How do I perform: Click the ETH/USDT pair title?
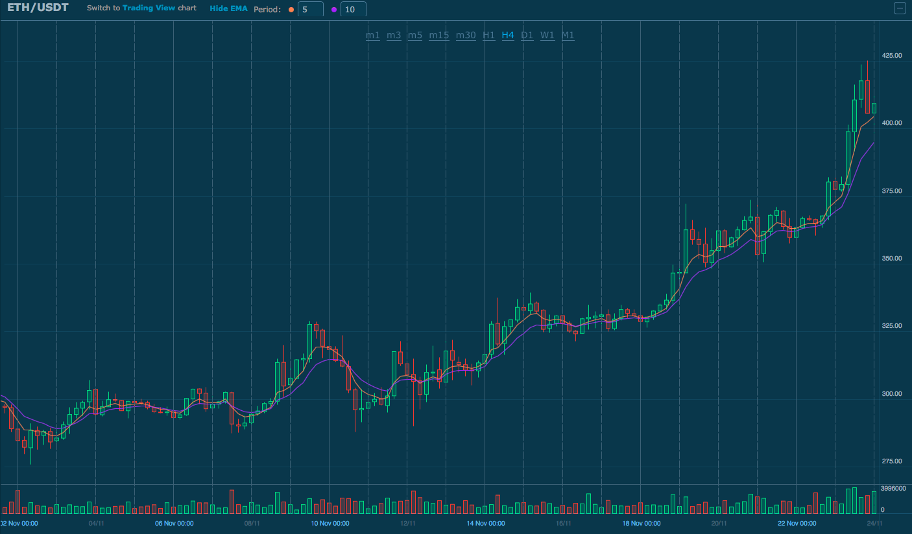pyautogui.click(x=38, y=8)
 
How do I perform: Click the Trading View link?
pyautogui.click(x=149, y=9)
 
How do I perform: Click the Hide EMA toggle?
pyautogui.click(x=228, y=9)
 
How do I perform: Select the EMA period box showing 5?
pyautogui.click(x=310, y=10)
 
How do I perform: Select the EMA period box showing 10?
pyautogui.click(x=353, y=10)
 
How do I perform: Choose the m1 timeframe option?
pyautogui.click(x=373, y=36)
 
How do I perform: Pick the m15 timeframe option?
pyautogui.click(x=438, y=36)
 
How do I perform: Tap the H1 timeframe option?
pyautogui.click(x=488, y=36)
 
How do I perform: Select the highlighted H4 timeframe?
pyautogui.click(x=508, y=36)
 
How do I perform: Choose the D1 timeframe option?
pyautogui.click(x=527, y=36)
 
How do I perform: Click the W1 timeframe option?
pyautogui.click(x=547, y=36)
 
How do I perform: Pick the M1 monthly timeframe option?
pyautogui.click(x=568, y=36)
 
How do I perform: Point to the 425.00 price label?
pyautogui.click(x=892, y=56)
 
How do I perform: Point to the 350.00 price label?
pyautogui.click(x=892, y=259)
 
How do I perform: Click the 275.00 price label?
pyautogui.click(x=892, y=461)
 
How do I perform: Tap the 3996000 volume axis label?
pyautogui.click(x=893, y=489)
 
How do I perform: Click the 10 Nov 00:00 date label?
pyautogui.click(x=330, y=524)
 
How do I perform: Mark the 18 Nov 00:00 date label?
pyautogui.click(x=642, y=524)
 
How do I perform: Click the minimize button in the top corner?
pyautogui.click(x=900, y=8)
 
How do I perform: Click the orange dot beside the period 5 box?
pyautogui.click(x=291, y=10)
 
